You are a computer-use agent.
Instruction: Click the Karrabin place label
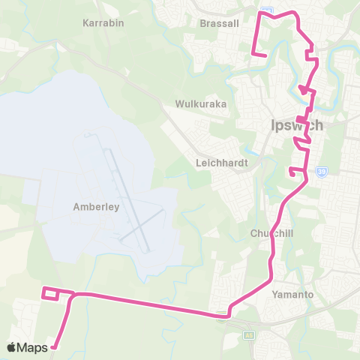(x=103, y=22)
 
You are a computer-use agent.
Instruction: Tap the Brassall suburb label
(x=220, y=23)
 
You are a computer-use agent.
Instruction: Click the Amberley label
(x=96, y=207)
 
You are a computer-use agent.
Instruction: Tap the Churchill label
(x=271, y=232)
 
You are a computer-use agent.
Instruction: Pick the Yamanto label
(x=292, y=294)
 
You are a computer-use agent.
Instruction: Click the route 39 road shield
(x=320, y=172)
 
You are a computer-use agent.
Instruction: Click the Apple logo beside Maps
(x=12, y=347)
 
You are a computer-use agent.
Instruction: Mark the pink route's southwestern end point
(x=52, y=346)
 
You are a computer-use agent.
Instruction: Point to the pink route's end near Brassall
(x=265, y=55)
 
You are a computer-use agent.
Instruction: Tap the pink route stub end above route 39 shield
(x=290, y=172)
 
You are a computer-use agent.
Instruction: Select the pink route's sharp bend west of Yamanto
(x=228, y=310)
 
